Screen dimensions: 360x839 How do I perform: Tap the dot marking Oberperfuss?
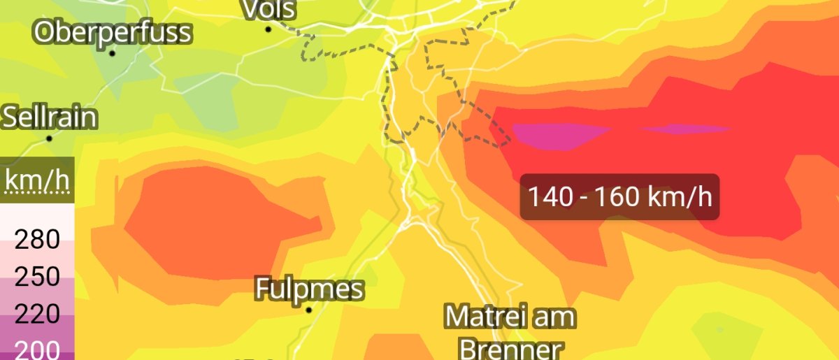[112, 53]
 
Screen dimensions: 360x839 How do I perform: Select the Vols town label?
[268, 9]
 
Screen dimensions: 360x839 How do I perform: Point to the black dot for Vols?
[268, 29]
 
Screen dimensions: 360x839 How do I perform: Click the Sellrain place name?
[49, 117]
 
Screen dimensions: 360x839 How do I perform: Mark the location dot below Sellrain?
[50, 138]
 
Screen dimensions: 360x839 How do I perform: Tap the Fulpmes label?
[309, 289]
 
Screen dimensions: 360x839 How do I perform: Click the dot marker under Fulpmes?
[308, 309]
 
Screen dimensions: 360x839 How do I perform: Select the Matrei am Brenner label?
[510, 332]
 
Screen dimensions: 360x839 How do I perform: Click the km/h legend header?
[37, 181]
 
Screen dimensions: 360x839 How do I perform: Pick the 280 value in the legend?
[37, 240]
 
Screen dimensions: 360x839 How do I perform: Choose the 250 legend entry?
[37, 278]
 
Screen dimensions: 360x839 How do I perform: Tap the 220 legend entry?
[37, 315]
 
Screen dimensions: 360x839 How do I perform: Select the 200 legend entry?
[37, 350]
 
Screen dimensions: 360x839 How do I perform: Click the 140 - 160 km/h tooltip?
[619, 197]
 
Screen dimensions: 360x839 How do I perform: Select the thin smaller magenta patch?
[685, 129]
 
